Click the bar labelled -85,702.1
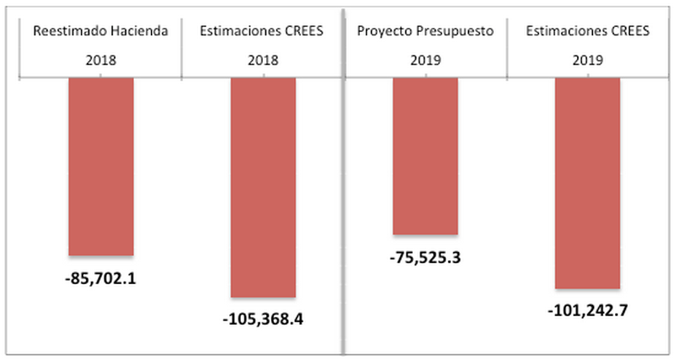[x=101, y=166]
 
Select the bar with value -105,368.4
[x=263, y=186]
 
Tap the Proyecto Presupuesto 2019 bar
[x=425, y=156]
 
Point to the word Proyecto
[x=384, y=32]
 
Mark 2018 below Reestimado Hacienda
[x=101, y=62]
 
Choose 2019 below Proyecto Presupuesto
[x=425, y=62]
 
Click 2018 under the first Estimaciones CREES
[x=263, y=62]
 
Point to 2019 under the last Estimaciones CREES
[x=586, y=62]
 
